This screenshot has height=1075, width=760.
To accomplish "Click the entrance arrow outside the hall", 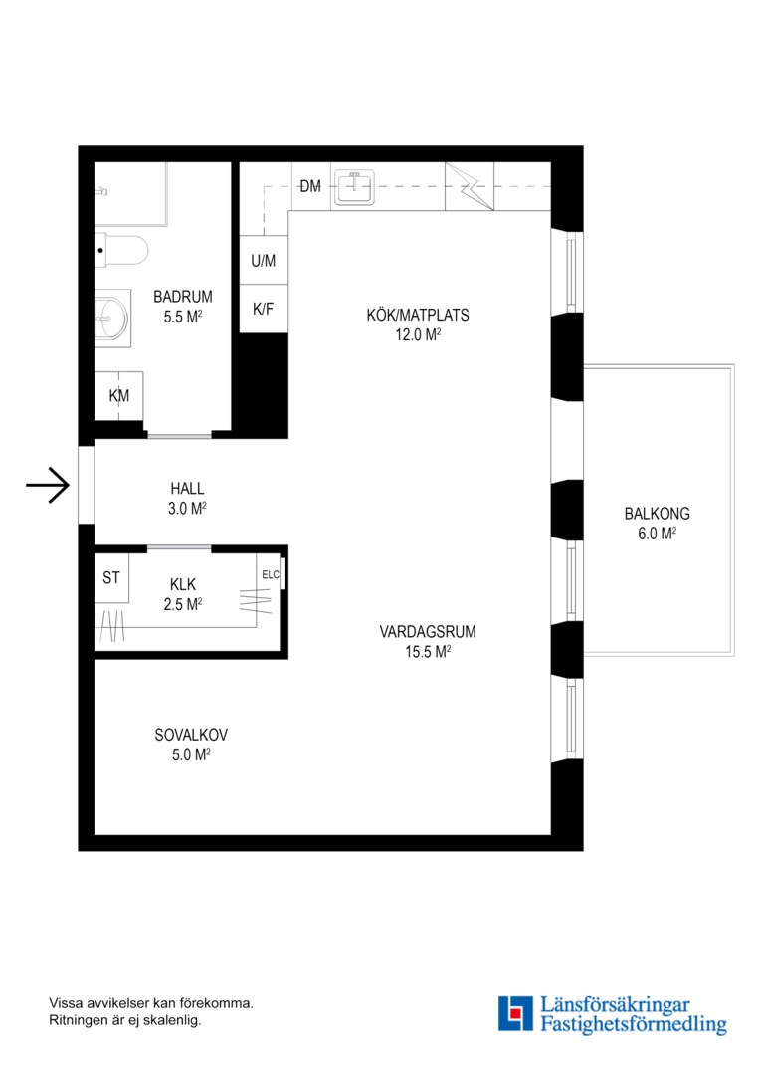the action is click(48, 486).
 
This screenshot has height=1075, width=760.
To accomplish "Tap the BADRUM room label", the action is click(183, 297).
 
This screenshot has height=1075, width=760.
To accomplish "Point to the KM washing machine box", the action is click(118, 395).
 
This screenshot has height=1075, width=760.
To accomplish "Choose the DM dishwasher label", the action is click(310, 186).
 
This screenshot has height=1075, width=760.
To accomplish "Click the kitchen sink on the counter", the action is click(353, 187).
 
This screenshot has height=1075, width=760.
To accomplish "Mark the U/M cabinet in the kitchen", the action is click(264, 261).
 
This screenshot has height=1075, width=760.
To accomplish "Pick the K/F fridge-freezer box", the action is click(264, 309).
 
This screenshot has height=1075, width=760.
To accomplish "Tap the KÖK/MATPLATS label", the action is click(418, 316).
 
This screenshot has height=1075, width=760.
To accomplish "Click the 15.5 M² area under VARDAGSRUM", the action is click(428, 652).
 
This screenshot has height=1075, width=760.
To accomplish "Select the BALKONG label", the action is click(658, 514).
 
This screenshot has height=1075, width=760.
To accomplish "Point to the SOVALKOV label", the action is click(191, 735).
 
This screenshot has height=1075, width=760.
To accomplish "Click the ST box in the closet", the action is click(111, 578).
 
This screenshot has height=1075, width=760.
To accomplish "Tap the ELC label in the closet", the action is click(271, 574).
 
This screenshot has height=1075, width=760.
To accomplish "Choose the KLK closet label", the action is click(183, 585).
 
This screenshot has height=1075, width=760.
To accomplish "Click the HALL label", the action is click(187, 489).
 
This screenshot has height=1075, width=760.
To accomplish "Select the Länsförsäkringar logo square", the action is click(515, 1014).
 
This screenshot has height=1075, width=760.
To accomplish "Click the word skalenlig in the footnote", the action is click(171, 1020).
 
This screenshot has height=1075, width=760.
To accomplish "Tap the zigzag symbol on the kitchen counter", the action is click(470, 186).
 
